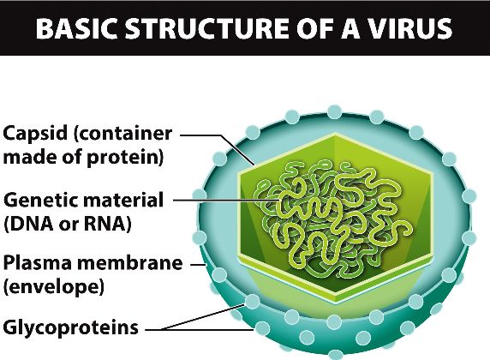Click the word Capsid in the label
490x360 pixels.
coord(35,134)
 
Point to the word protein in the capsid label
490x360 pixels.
coord(124,158)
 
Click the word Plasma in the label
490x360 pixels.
coord(38,263)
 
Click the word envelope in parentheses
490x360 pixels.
coord(53,286)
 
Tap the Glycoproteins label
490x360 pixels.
coord(70,327)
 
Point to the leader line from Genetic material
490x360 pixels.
coord(226,200)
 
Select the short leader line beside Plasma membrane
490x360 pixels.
coord(198,264)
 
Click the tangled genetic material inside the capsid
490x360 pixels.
coord(332,219)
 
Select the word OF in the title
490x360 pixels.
coord(314,28)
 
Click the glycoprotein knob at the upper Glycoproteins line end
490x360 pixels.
coord(252,302)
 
